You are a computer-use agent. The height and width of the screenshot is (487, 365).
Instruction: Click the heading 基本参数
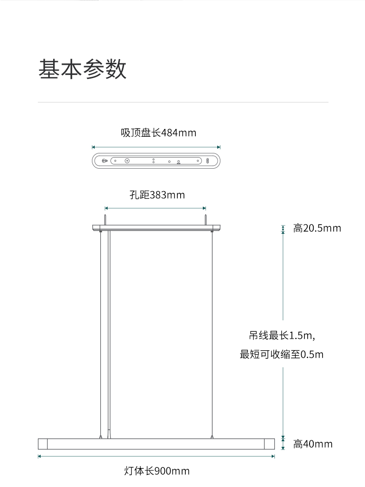[x=82, y=70]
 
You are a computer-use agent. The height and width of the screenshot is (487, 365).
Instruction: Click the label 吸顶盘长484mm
[x=158, y=133]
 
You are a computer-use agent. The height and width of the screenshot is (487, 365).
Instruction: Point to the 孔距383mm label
[x=157, y=195]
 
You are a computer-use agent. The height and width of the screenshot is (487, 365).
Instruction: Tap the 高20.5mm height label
[x=317, y=228]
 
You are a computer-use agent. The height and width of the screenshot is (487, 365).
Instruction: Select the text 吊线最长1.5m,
[x=282, y=335]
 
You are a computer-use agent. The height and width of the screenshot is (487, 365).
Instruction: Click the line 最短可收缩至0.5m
[x=281, y=355]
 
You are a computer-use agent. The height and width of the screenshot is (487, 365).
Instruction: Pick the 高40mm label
[x=313, y=444]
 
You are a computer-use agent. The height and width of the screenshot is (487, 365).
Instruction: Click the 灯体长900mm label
[x=157, y=471]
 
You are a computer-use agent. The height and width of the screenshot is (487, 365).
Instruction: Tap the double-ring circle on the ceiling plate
[x=127, y=161]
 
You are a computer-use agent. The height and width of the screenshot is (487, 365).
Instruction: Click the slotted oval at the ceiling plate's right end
[x=207, y=161]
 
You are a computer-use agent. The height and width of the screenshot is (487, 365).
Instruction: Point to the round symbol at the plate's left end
[x=104, y=161]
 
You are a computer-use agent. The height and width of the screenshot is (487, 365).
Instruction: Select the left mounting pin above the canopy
[x=106, y=218]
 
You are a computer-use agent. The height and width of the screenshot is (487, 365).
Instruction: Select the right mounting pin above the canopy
[x=206, y=218]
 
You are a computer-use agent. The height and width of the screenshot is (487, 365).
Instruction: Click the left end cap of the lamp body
[x=43, y=444]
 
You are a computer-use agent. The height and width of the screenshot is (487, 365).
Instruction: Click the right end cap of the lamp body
[x=269, y=444]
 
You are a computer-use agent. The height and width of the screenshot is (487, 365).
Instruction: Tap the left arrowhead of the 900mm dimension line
[x=40, y=457]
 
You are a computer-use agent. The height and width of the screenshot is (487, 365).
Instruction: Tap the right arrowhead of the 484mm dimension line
[x=219, y=147]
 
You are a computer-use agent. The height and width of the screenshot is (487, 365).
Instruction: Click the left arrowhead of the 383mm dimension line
[x=107, y=208]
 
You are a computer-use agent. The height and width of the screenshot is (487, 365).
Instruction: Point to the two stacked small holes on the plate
[x=153, y=161]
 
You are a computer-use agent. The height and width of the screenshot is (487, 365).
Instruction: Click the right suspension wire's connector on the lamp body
[x=212, y=436]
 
